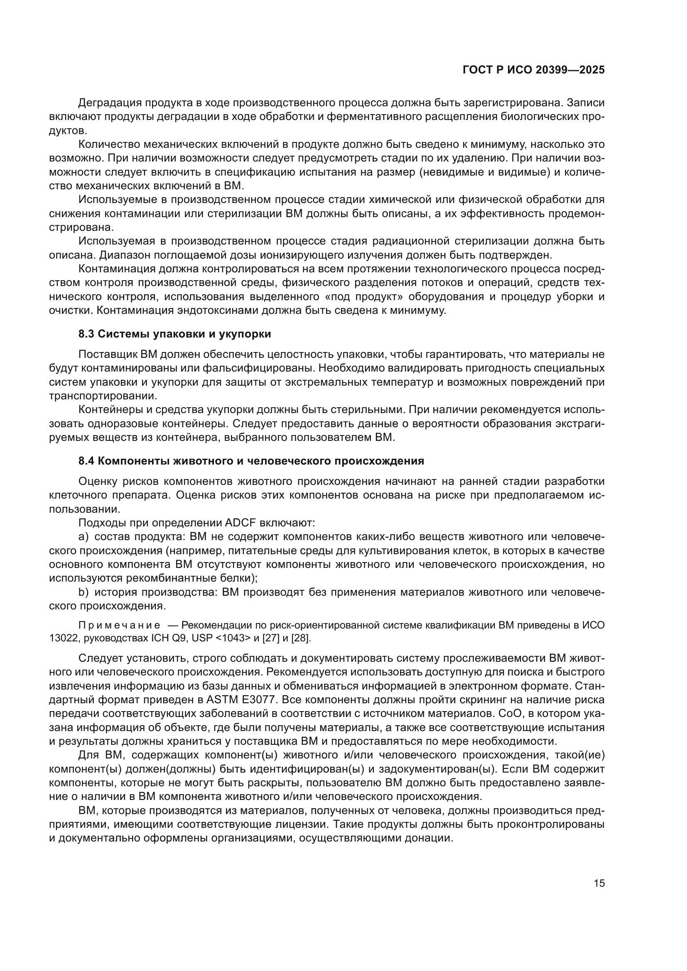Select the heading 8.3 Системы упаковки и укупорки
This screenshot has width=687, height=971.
pyautogui.click(x=174, y=334)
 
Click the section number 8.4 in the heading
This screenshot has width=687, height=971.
pyautogui.click(x=86, y=461)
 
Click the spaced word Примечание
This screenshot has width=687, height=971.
pyautogui.click(x=119, y=626)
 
